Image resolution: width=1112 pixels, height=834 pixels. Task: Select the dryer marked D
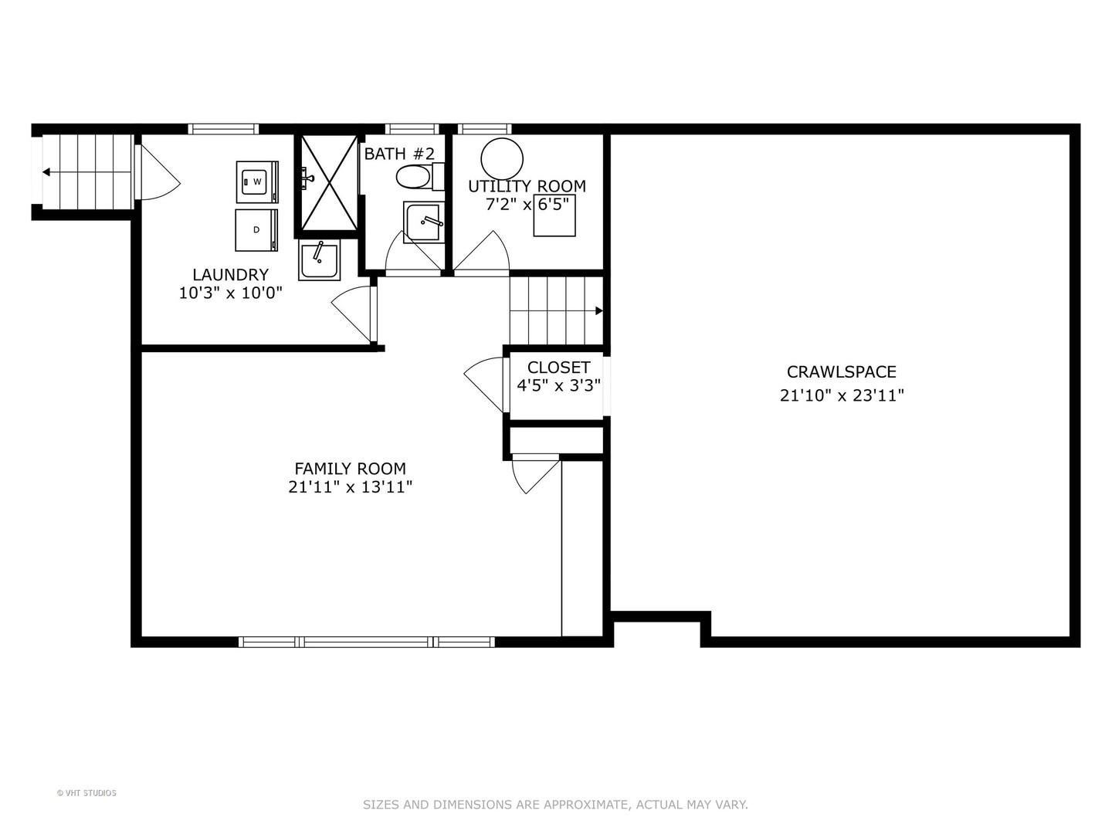(x=256, y=230)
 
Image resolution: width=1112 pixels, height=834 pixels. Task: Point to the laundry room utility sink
(x=319, y=259)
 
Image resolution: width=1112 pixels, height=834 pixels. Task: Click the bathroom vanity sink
(x=423, y=222)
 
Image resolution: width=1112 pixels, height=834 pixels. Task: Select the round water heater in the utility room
(x=502, y=158)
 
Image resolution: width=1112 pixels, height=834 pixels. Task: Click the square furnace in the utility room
(x=554, y=215)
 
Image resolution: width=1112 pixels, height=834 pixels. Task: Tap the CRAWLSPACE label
(x=841, y=372)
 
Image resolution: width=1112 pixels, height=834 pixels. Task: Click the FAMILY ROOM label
(x=350, y=469)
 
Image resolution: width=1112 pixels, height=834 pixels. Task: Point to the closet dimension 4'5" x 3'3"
(x=558, y=385)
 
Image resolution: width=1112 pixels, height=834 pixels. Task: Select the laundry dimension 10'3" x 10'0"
(x=230, y=293)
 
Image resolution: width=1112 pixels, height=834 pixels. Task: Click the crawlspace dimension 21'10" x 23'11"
(x=841, y=395)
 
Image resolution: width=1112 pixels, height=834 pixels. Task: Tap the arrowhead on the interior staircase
(x=598, y=311)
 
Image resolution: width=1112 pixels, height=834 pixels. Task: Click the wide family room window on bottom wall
(x=367, y=642)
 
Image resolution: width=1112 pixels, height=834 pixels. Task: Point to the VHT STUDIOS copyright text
(x=86, y=793)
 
